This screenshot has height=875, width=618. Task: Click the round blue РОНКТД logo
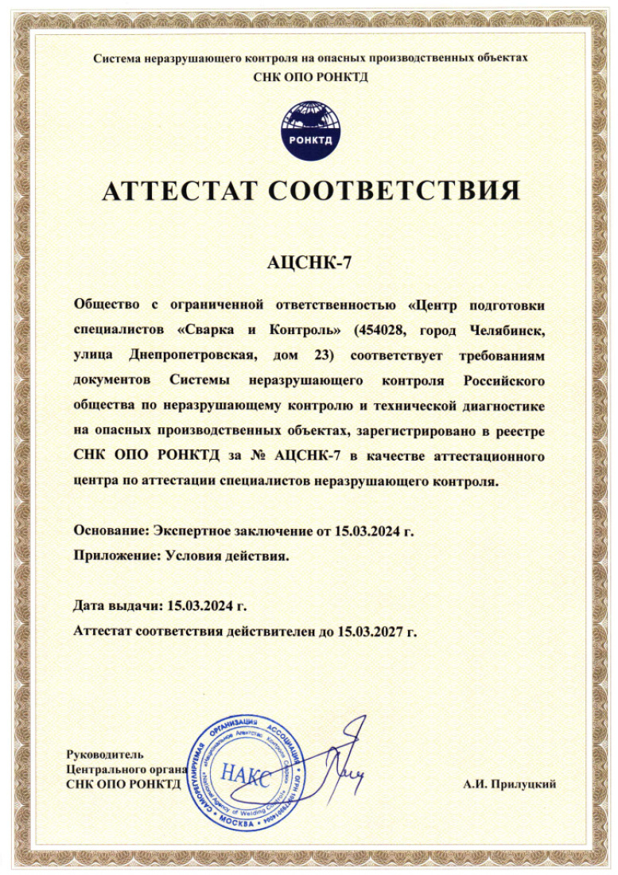click(309, 130)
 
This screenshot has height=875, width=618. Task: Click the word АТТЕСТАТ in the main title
click(179, 191)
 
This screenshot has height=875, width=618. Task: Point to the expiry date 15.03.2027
click(371, 632)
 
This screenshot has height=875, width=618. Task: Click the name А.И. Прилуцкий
click(510, 784)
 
